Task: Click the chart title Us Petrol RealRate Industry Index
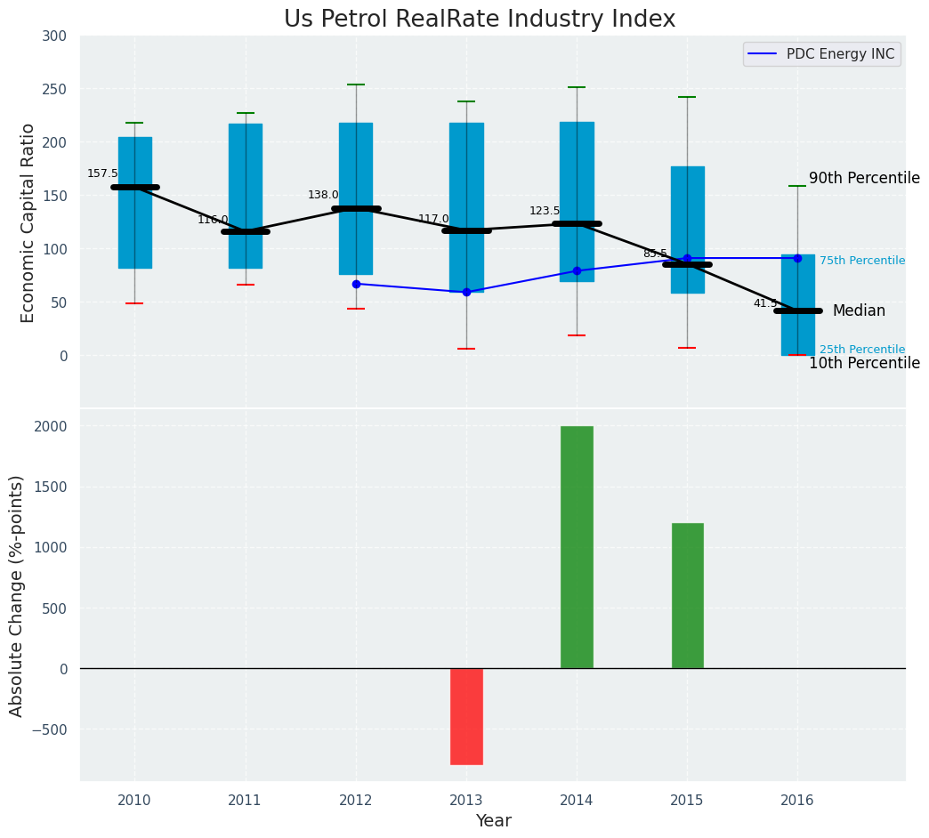coord(480,20)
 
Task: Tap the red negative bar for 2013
coord(466,716)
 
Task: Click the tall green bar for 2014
coord(577,547)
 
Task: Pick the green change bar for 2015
coord(687,595)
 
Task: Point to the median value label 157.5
coord(102,173)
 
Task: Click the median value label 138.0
coord(323,195)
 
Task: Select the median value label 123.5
coord(545,211)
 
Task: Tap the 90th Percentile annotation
coord(864,178)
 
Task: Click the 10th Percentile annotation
coord(864,363)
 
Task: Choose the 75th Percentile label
coord(861,261)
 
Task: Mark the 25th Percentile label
coord(861,350)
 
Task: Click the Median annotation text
coord(859,310)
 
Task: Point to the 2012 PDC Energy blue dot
coord(356,284)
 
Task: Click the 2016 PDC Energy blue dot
coord(797,258)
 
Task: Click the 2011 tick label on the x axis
coord(245,800)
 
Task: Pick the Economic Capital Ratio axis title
coord(28,222)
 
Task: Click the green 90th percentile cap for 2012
coord(356,85)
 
